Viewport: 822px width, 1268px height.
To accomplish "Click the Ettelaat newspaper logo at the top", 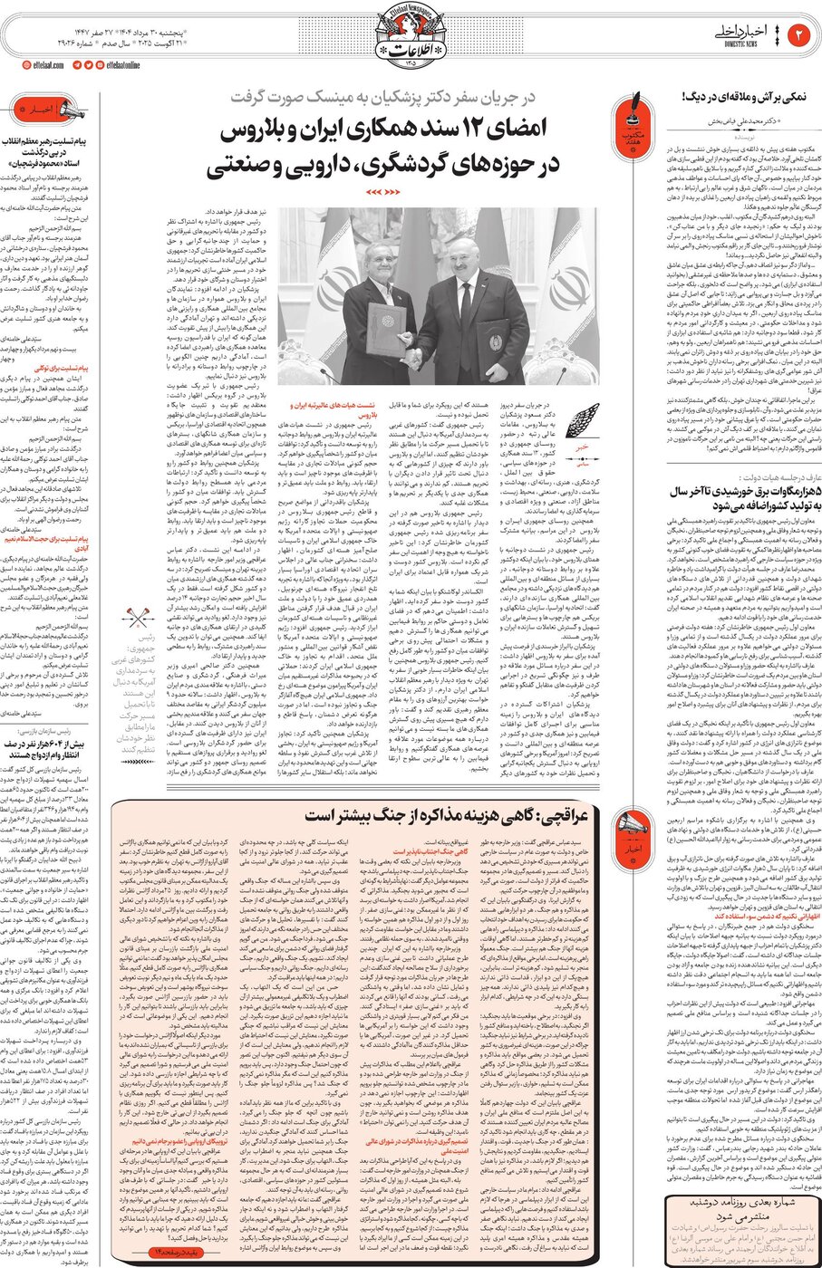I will pyautogui.click(x=411, y=36).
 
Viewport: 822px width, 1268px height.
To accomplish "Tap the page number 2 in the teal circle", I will pyautogui.click(x=800, y=36).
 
